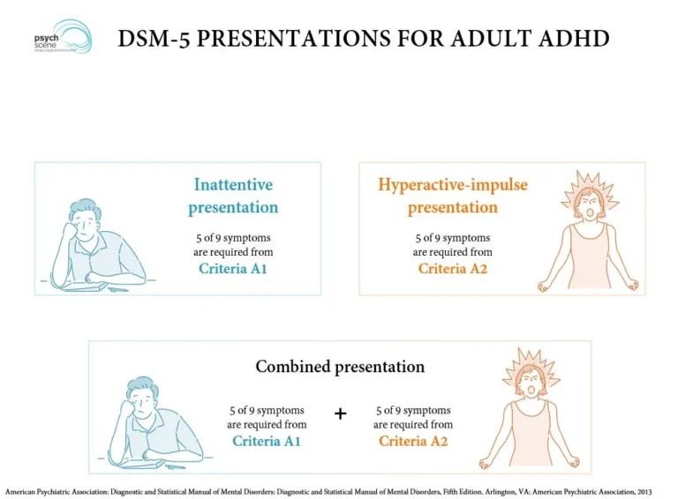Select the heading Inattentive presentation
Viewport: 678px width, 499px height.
click(233, 196)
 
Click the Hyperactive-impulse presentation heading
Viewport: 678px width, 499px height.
click(453, 196)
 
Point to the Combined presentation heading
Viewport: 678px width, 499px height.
click(340, 366)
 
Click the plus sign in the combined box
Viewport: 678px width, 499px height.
click(341, 413)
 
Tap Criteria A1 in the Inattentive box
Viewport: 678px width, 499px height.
click(233, 268)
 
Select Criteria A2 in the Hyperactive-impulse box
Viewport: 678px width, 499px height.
click(452, 268)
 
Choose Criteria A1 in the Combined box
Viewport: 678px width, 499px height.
click(267, 440)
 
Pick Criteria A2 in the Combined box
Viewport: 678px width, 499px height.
click(413, 440)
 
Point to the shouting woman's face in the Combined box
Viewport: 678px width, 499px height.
click(530, 385)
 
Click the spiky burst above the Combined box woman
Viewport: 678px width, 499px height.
click(530, 361)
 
